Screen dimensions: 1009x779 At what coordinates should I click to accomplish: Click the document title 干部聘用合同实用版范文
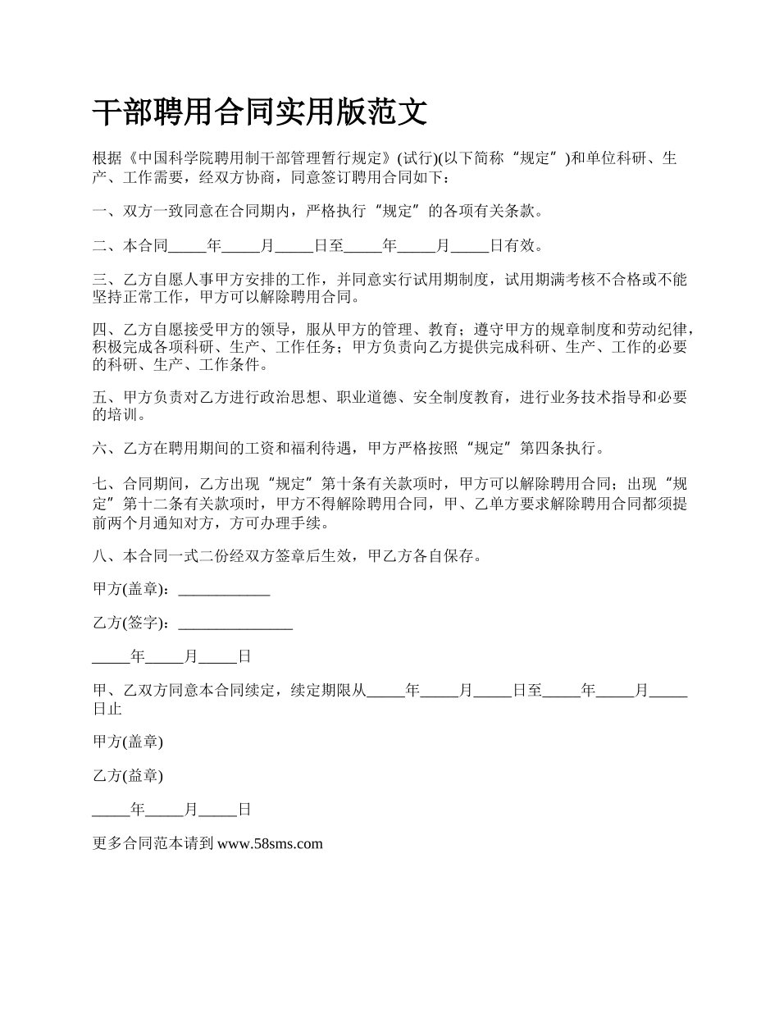pos(260,112)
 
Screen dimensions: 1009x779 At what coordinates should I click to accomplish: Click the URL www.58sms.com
pos(271,843)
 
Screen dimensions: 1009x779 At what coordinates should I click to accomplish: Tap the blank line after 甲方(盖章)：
pos(224,589)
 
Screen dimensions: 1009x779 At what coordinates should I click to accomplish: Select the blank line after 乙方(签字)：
pos(235,623)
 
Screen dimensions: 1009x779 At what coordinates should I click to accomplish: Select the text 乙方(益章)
pos(128,775)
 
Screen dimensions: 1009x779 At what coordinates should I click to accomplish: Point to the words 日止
pos(107,708)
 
